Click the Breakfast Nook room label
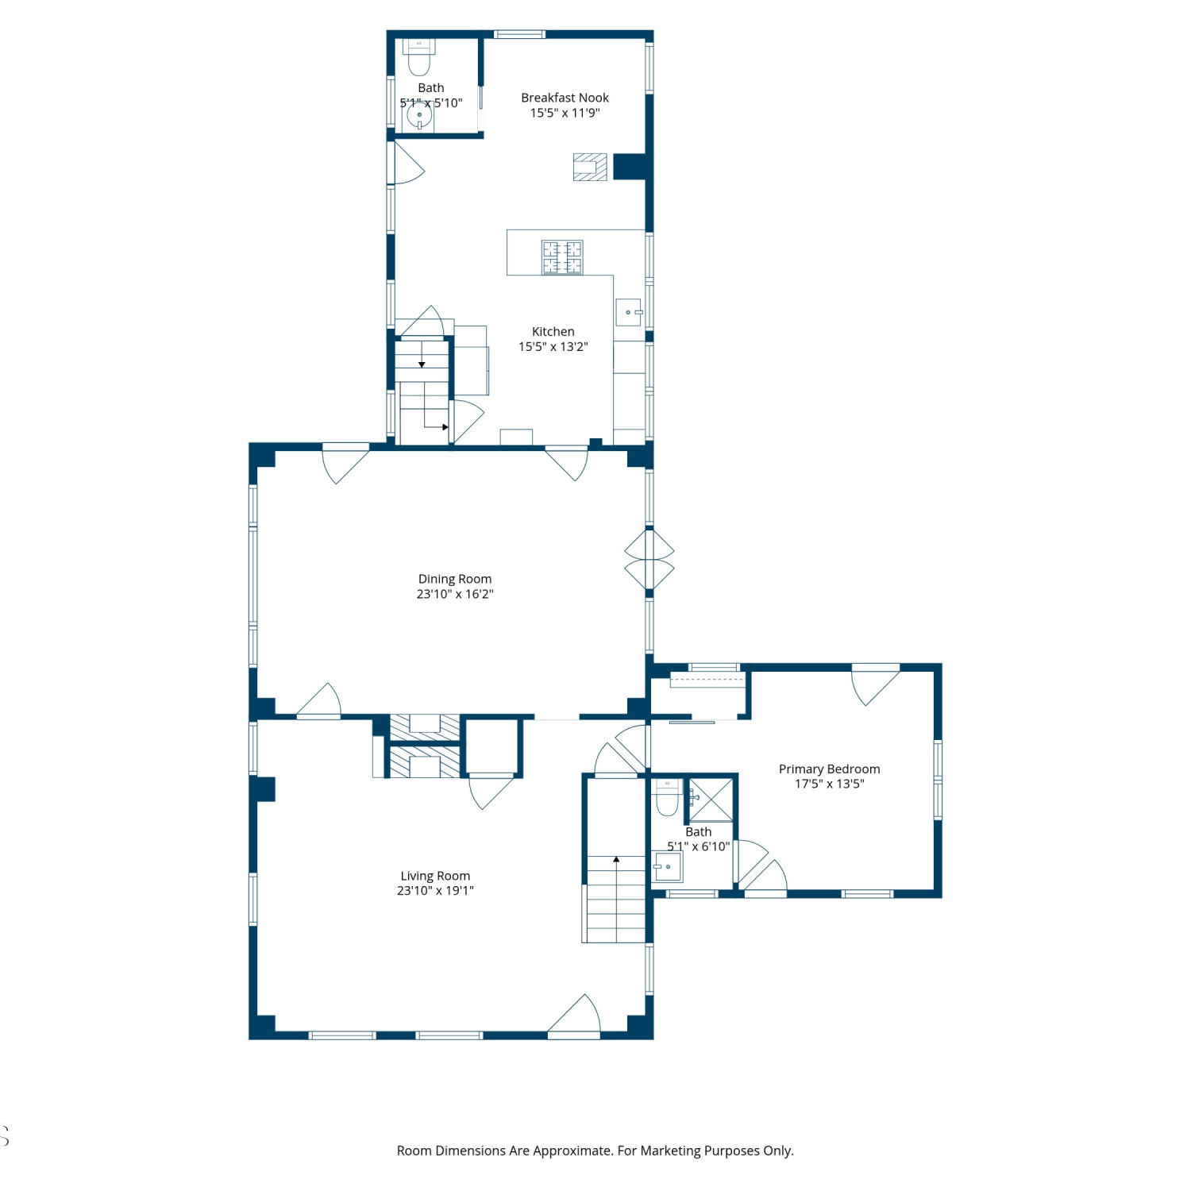pyautogui.click(x=565, y=98)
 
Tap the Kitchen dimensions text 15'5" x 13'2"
pyautogui.click(x=553, y=347)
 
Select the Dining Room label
pyautogui.click(x=455, y=579)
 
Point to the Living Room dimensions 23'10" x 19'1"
pyautogui.click(x=435, y=891)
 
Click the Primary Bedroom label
pyautogui.click(x=829, y=769)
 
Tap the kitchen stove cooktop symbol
pyautogui.click(x=562, y=257)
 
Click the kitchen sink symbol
pyautogui.click(x=628, y=311)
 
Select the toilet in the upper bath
pyautogui.click(x=418, y=56)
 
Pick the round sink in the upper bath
pyautogui.click(x=418, y=116)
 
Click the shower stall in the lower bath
pyautogui.click(x=711, y=800)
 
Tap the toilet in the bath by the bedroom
pyautogui.click(x=667, y=798)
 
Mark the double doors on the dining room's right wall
pyautogui.click(x=649, y=559)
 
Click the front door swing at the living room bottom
pyautogui.click(x=574, y=1016)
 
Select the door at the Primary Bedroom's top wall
pyautogui.click(x=875, y=684)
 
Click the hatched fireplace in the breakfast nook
pyautogui.click(x=590, y=167)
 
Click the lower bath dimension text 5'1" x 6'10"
pyautogui.click(x=699, y=846)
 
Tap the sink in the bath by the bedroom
pyautogui.click(x=668, y=867)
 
